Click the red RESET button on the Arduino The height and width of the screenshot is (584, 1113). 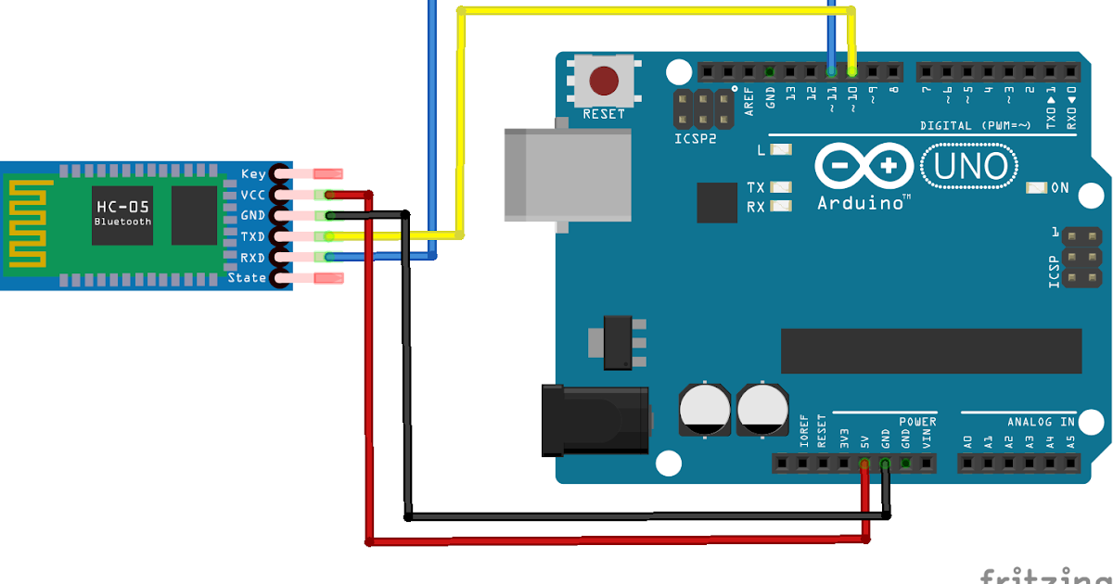pyautogui.click(x=605, y=81)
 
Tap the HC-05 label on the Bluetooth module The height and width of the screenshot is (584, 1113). pyautogui.click(x=122, y=206)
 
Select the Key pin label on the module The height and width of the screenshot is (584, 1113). pyautogui.click(x=253, y=173)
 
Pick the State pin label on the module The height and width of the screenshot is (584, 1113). pyautogui.click(x=247, y=278)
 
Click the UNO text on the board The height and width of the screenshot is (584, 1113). pyautogui.click(x=969, y=167)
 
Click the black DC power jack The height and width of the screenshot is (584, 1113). pyautogui.click(x=594, y=421)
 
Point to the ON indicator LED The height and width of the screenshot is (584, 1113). pyautogui.click(x=1036, y=188)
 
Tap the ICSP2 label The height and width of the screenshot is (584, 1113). pyautogui.click(x=695, y=140)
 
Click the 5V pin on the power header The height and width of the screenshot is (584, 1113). pyautogui.click(x=864, y=463)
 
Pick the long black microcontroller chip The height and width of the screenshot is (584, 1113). pyautogui.click(x=930, y=351)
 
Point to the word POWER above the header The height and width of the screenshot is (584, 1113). pyautogui.click(x=917, y=422)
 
